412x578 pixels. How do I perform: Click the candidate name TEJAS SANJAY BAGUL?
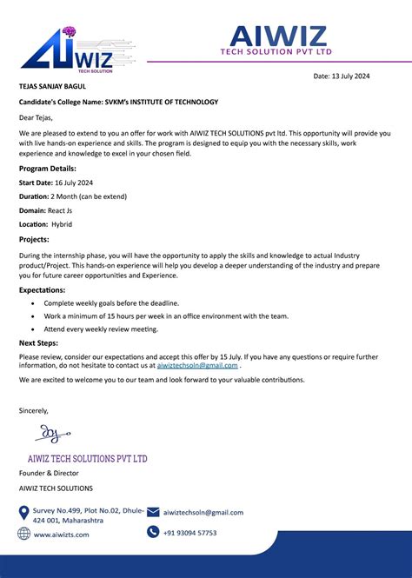coord(52,86)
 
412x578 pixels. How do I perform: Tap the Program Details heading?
coord(48,168)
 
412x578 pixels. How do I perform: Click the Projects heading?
coord(34,239)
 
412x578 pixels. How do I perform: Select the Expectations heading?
coord(42,289)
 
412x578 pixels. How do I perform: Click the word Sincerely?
coord(34,410)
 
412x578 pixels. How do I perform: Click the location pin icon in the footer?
coord(24,512)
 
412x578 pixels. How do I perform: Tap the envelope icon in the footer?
coord(153,512)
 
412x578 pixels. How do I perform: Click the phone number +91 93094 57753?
coord(189,533)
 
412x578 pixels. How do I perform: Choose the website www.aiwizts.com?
coord(61,535)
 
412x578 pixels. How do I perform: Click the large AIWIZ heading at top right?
coord(278,37)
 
